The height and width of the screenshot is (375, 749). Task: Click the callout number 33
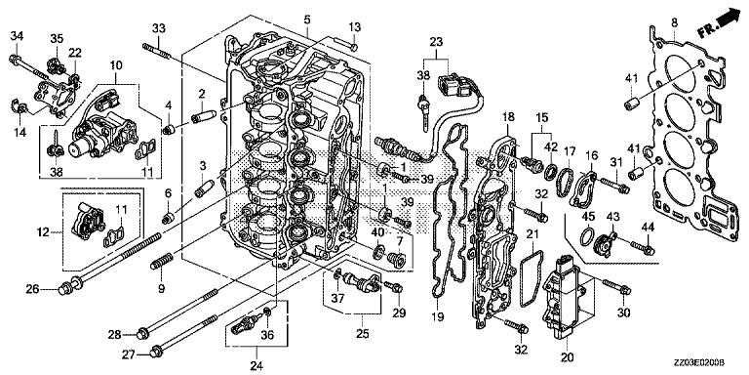pos(158,28)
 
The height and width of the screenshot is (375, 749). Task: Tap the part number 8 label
pos(674,21)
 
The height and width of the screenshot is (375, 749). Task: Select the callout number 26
pos(32,289)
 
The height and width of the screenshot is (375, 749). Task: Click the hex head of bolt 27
pos(155,353)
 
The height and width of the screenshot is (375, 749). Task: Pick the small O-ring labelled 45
pos(588,235)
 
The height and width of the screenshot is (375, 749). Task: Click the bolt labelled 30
pos(617,287)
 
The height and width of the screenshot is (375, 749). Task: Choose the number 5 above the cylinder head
pos(306,20)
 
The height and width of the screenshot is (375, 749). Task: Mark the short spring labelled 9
pos(162,262)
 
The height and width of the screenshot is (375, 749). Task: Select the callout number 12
pos(44,232)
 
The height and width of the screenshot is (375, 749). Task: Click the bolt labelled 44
pos(643,247)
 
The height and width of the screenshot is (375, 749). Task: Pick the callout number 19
pos(438,316)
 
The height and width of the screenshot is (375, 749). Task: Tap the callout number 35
pos(57,38)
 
